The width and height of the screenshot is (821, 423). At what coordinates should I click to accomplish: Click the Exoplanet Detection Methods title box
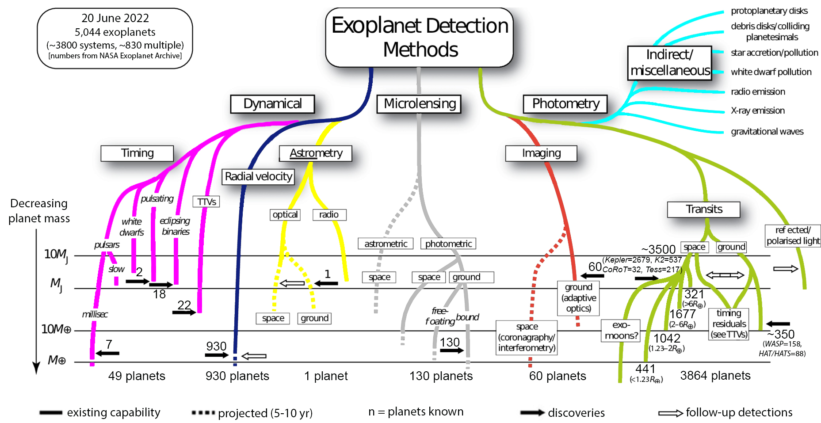[419, 38]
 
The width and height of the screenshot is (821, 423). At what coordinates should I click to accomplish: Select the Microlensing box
[419, 104]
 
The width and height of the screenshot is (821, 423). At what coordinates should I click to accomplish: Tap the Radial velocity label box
[258, 177]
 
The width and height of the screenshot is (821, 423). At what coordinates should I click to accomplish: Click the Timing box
[137, 153]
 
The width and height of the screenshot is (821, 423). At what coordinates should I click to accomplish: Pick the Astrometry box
[316, 153]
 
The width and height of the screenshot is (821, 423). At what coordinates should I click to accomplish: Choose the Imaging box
[541, 153]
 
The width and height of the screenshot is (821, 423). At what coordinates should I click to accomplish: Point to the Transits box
[703, 209]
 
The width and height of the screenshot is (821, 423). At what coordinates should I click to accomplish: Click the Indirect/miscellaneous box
[669, 63]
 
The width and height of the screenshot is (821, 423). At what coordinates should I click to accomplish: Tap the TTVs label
[206, 202]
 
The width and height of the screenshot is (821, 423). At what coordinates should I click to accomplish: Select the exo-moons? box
[621, 331]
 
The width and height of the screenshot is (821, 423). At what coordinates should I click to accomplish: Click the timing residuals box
[729, 324]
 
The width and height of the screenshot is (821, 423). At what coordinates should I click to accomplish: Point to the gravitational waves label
[767, 132]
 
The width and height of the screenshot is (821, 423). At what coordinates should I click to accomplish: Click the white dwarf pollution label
[771, 72]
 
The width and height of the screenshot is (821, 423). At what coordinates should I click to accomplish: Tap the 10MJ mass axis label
[56, 255]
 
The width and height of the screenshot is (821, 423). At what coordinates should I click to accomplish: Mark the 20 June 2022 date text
[115, 18]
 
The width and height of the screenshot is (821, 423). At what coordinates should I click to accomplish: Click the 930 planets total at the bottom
[237, 376]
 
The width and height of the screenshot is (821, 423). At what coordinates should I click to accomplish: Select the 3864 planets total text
[715, 376]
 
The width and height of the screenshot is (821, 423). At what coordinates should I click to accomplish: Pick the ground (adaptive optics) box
[578, 298]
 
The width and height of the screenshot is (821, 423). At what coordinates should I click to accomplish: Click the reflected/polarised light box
[793, 236]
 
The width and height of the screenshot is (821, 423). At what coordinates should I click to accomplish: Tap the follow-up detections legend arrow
[670, 413]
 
